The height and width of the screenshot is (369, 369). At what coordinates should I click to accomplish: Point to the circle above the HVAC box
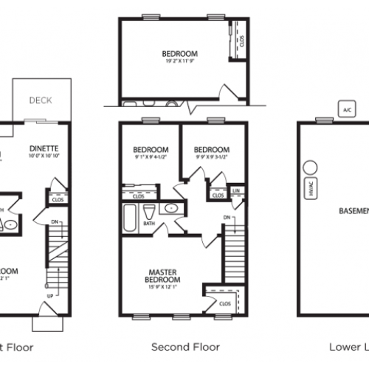310,167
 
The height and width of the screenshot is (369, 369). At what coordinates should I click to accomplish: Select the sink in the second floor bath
171,209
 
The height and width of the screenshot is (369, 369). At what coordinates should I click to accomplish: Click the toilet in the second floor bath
150,210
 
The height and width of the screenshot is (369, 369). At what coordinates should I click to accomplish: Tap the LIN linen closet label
236,190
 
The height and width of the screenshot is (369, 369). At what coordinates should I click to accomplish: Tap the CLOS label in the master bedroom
224,303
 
